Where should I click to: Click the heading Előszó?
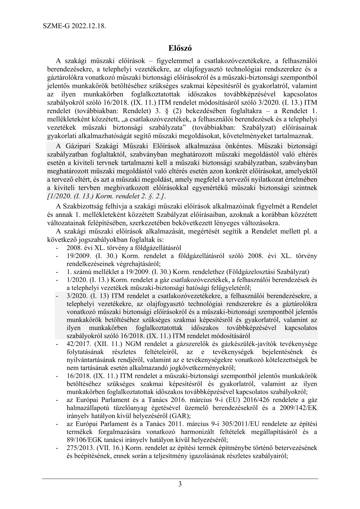pyautogui.click(x=180, y=48)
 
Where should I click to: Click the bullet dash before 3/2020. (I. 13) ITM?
pyautogui.click(x=57, y=296)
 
